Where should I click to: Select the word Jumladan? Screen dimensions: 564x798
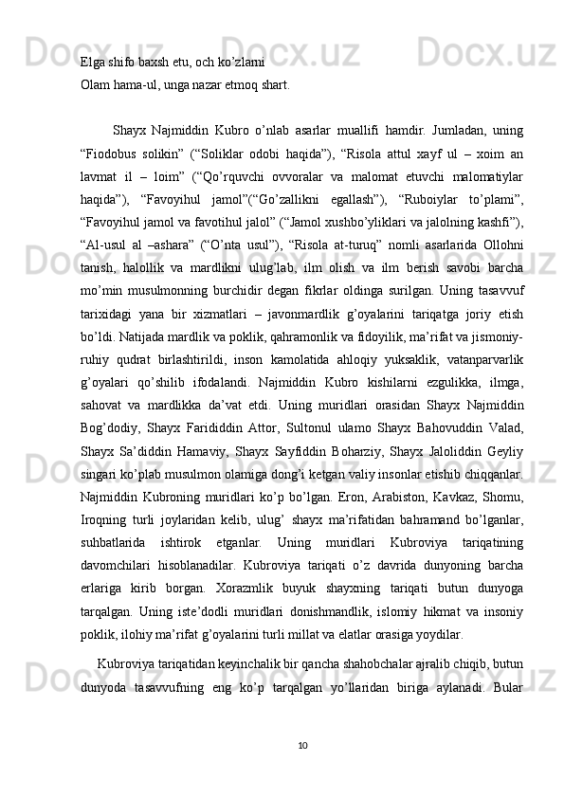tap(428, 129)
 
